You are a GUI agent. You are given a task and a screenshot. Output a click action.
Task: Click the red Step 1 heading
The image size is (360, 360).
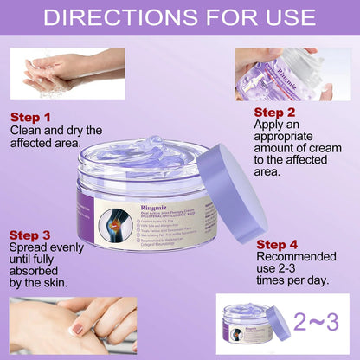[31, 116]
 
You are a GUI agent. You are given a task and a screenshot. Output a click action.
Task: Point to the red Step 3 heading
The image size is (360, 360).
[32, 235]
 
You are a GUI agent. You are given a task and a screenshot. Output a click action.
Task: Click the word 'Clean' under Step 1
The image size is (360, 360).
[29, 131]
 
